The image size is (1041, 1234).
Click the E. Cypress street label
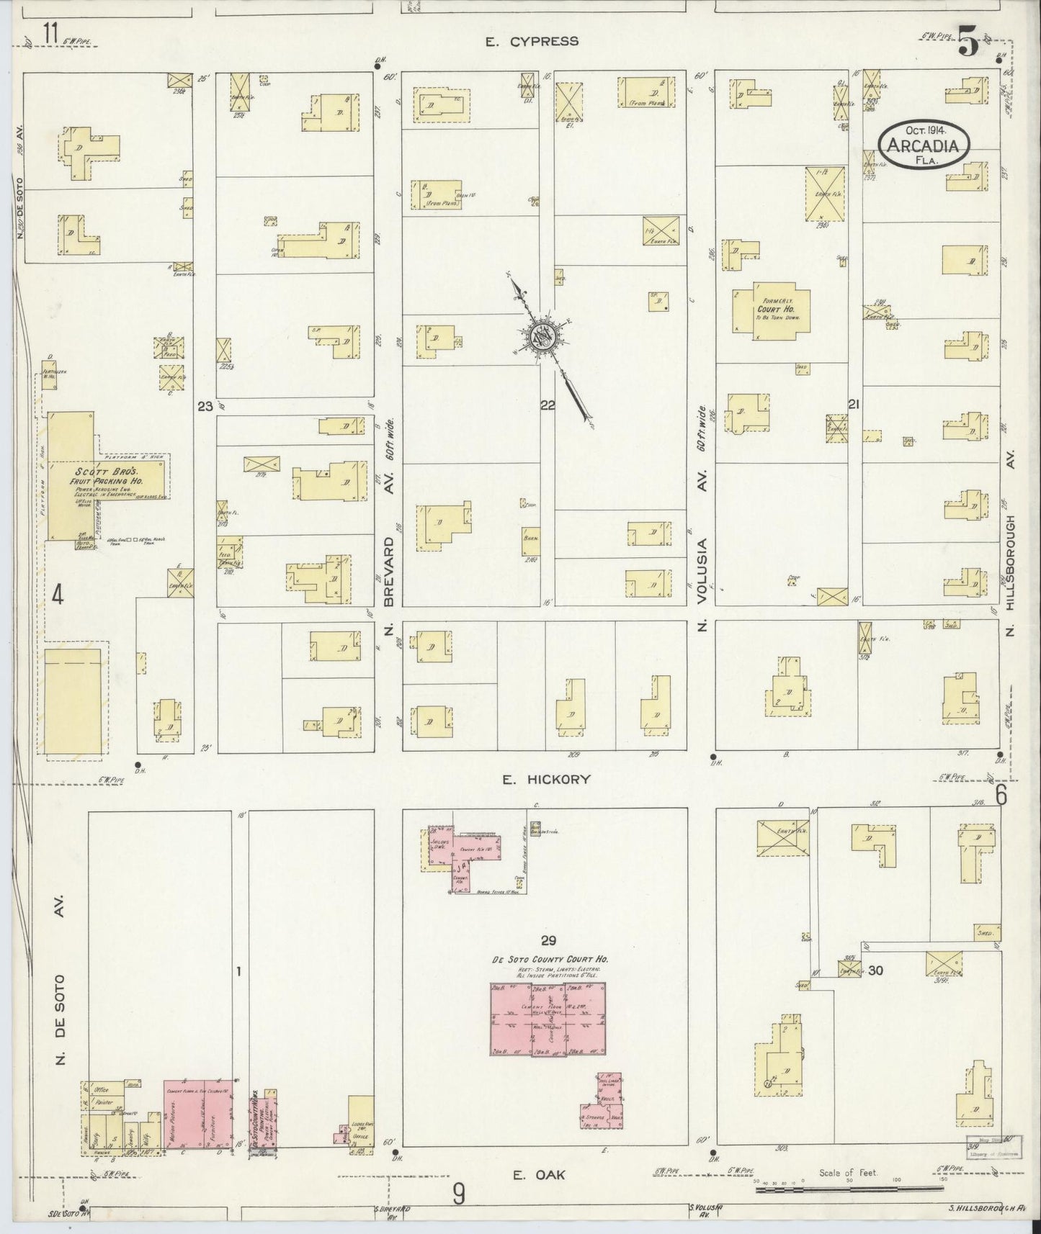pyautogui.click(x=532, y=41)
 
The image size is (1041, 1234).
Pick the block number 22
pyautogui.click(x=548, y=405)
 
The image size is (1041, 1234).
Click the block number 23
pyautogui.click(x=205, y=406)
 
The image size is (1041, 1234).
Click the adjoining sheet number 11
pyautogui.click(x=50, y=32)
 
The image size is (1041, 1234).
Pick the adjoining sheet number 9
pyautogui.click(x=458, y=1194)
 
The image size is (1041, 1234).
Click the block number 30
pyautogui.click(x=875, y=970)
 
